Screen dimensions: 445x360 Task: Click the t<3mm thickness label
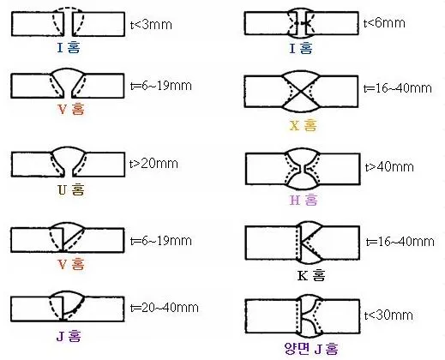tap(151, 25)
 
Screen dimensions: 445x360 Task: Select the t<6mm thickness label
tap(384, 22)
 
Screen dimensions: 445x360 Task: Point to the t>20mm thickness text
tap(153, 164)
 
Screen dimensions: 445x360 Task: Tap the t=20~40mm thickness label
tap(165, 308)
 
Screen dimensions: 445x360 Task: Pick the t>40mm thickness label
tap(389, 166)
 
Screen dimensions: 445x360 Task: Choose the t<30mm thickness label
tap(388, 315)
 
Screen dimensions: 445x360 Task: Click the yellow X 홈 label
tap(304, 125)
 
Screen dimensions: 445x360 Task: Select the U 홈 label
tap(71, 189)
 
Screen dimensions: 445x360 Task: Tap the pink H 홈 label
tap(304, 200)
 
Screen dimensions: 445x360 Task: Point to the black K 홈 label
tap(311, 275)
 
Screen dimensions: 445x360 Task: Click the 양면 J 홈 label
tap(311, 348)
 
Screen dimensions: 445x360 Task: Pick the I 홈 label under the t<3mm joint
tap(69, 47)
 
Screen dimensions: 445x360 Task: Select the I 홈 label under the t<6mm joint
tap(301, 48)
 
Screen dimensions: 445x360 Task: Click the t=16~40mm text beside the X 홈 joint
tap(398, 88)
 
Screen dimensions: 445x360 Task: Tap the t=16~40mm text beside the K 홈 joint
tap(400, 242)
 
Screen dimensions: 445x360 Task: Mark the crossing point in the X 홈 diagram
tap(301, 92)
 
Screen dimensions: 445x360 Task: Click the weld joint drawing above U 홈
tap(68, 162)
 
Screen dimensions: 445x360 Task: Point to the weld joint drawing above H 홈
tap(303, 169)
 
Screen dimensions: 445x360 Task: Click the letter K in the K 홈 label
tap(303, 276)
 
